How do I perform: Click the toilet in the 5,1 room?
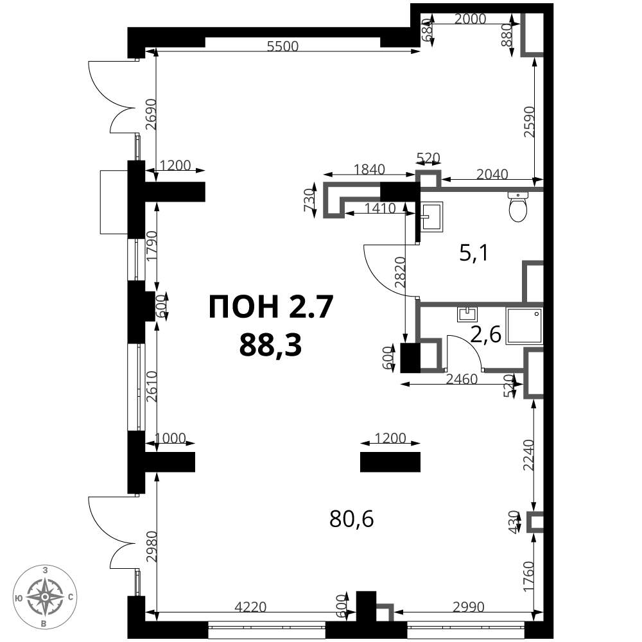click(x=517, y=206)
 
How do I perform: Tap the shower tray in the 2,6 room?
click(x=525, y=326)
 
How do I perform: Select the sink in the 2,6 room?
click(x=467, y=314)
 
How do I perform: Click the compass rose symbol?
click(x=44, y=596)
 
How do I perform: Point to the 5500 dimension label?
click(x=284, y=46)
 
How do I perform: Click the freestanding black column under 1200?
click(x=390, y=462)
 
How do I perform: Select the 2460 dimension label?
click(x=460, y=379)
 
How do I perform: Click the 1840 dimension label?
click(x=369, y=169)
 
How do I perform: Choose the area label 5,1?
click(x=474, y=254)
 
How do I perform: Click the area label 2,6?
click(x=485, y=334)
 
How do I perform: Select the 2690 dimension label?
click(x=150, y=115)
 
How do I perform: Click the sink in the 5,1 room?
click(x=432, y=215)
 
